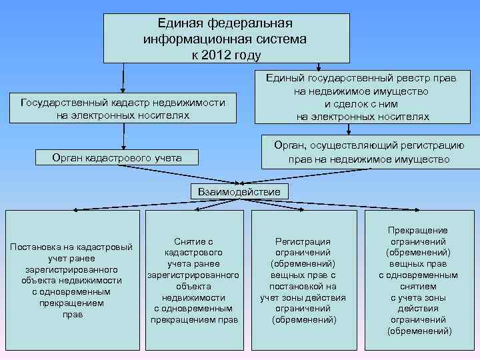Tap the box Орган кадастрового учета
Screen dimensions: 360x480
(x=117, y=158)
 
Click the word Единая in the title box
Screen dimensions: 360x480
(x=180, y=24)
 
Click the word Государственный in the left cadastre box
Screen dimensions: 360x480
(x=60, y=103)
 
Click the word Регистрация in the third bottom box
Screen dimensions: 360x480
(x=303, y=241)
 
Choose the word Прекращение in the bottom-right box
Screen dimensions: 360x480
(x=419, y=229)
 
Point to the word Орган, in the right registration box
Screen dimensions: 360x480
(x=291, y=145)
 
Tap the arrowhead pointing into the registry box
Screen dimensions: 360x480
(x=319, y=67)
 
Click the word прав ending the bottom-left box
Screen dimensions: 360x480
(x=72, y=315)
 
